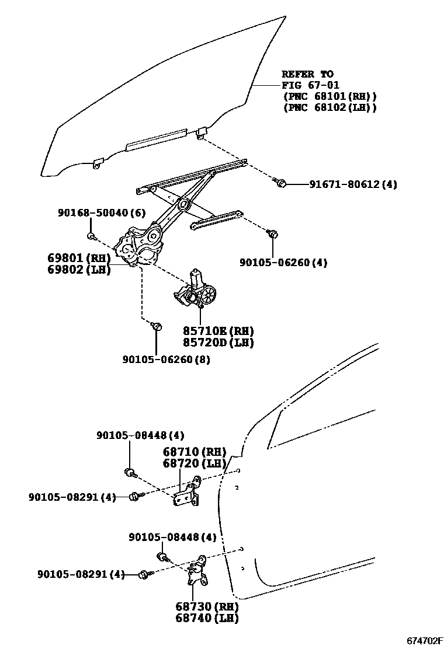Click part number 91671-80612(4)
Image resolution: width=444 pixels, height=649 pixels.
pyautogui.click(x=353, y=184)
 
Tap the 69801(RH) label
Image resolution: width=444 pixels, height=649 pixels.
pyautogui.click(x=79, y=258)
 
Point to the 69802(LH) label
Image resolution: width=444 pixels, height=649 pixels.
pyautogui.click(x=79, y=270)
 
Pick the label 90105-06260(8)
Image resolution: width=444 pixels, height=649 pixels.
pyautogui.click(x=166, y=360)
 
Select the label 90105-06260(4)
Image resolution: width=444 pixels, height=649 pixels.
pyautogui.click(x=283, y=263)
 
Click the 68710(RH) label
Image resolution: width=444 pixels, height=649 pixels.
pyautogui.click(x=194, y=452)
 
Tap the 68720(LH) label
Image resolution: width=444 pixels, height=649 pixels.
pyautogui.click(x=194, y=463)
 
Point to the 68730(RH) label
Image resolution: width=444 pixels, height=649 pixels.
pyautogui.click(x=207, y=606)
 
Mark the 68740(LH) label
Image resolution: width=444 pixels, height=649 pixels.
pyautogui.click(x=207, y=618)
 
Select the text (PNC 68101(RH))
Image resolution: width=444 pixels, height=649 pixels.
pyautogui.click(x=329, y=96)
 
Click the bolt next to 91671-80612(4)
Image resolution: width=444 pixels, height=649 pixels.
pyautogui.click(x=280, y=184)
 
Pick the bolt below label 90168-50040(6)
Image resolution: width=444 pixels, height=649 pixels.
pyautogui.click(x=92, y=236)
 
